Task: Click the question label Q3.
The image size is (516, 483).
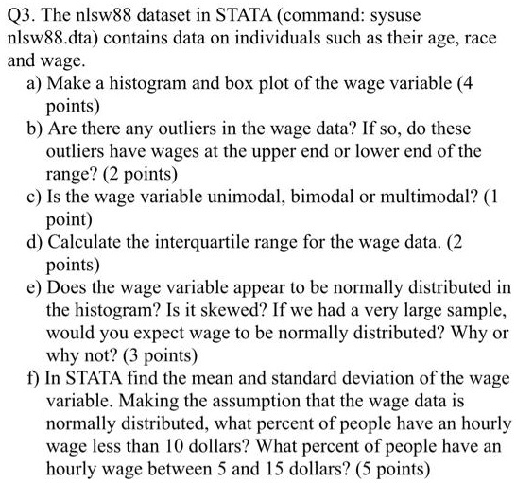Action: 21,18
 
